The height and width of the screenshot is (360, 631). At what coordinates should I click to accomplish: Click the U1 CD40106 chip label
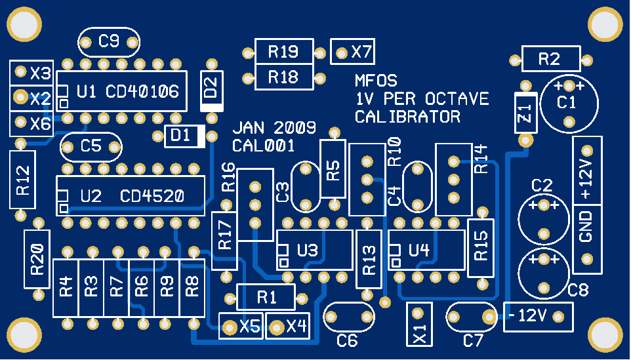tap(127, 92)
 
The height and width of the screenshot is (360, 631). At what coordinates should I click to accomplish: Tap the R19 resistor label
tap(283, 51)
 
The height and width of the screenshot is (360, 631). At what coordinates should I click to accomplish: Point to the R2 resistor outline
tap(550, 59)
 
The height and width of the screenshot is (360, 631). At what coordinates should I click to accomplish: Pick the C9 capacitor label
tap(109, 42)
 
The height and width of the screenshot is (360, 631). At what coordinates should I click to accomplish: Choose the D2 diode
tap(211, 90)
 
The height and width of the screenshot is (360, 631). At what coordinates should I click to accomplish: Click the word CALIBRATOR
tap(407, 117)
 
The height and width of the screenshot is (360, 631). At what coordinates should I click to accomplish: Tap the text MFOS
tap(376, 81)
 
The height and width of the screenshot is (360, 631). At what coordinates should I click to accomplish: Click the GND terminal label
tap(586, 226)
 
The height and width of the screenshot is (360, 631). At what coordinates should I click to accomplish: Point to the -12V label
tap(528, 316)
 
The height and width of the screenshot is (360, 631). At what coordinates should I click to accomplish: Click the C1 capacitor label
tap(567, 103)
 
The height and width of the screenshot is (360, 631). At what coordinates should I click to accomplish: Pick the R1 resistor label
tap(266, 297)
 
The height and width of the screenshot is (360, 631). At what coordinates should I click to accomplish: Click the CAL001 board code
tap(263, 146)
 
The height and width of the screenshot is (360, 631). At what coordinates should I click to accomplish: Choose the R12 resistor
tap(22, 179)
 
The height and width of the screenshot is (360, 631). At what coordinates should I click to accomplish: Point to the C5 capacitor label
tap(92, 147)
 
